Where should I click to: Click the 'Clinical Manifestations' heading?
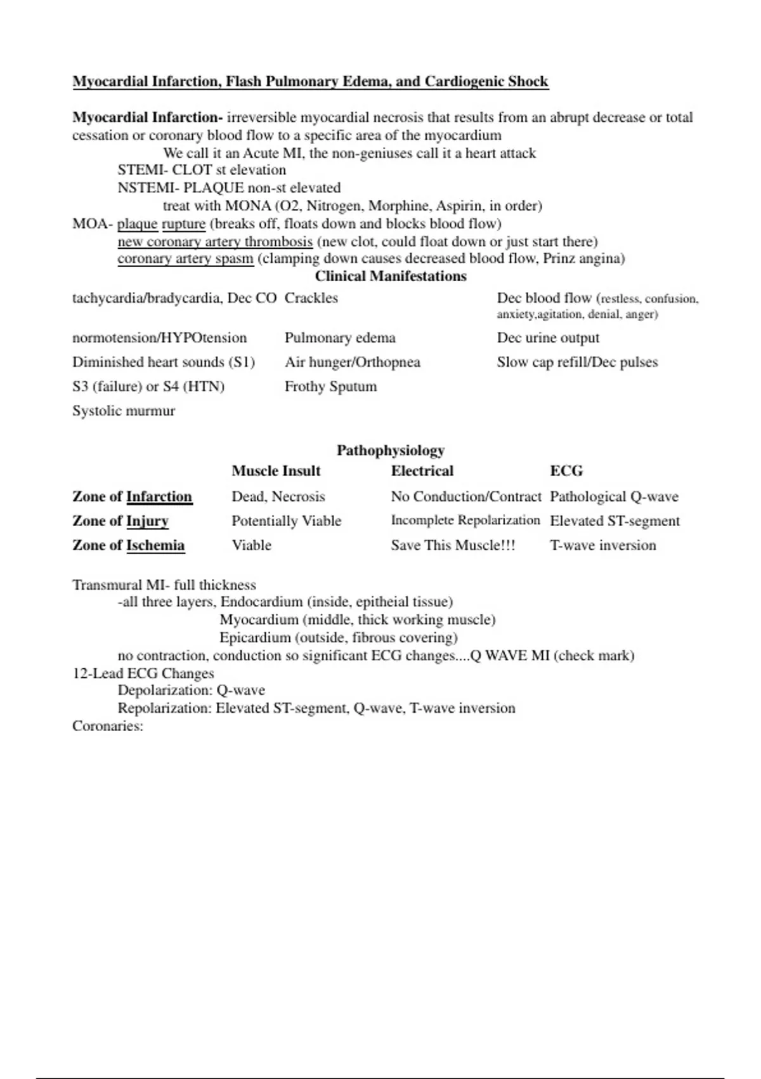point(391,276)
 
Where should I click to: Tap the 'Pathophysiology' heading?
point(391,451)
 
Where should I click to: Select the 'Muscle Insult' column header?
point(276,471)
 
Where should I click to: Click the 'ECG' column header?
point(566,471)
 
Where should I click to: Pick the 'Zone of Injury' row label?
point(120,521)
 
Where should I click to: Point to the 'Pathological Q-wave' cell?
point(614,496)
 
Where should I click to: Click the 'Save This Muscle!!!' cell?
point(453,545)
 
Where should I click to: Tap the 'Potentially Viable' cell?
point(286,521)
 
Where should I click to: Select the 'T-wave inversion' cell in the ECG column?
point(602,545)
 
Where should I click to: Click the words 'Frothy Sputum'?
point(330,387)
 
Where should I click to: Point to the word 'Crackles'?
point(311,298)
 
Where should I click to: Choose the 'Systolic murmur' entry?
point(124,411)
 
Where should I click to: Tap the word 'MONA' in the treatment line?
point(248,206)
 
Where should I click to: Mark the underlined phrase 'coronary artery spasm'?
point(185,258)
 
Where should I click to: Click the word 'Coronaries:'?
point(108,726)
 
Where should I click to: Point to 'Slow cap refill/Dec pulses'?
point(577,362)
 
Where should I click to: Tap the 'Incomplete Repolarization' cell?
point(465,520)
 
